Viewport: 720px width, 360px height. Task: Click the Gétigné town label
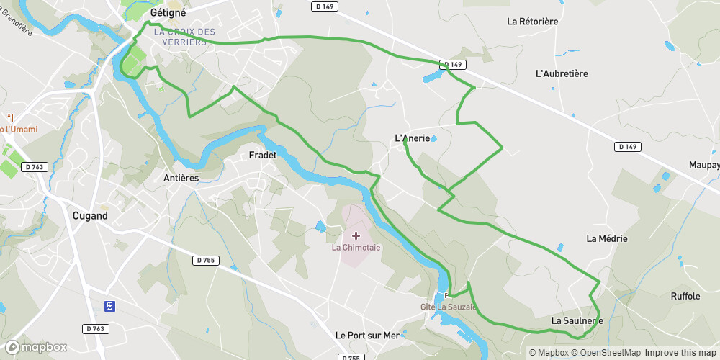[168, 12]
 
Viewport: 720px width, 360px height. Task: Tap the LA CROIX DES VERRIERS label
[184, 37]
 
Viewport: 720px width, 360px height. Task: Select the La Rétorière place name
[532, 22]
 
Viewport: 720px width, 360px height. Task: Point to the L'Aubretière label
[562, 73]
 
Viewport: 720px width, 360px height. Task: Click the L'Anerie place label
[413, 138]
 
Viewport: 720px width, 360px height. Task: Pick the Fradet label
[262, 156]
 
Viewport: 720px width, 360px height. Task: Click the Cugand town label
[90, 215]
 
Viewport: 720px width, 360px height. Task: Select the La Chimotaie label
[356, 248]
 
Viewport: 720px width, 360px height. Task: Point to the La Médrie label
[606, 238]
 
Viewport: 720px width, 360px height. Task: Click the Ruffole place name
[685, 296]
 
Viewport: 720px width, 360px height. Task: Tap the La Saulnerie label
[577, 320]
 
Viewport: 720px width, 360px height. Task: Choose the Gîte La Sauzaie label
[449, 307]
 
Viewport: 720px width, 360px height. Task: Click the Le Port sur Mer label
[367, 336]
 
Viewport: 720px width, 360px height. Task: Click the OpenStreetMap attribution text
[606, 353]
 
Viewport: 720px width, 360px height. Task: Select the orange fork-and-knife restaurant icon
[10, 117]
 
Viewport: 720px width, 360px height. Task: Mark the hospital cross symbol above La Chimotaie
[356, 235]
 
